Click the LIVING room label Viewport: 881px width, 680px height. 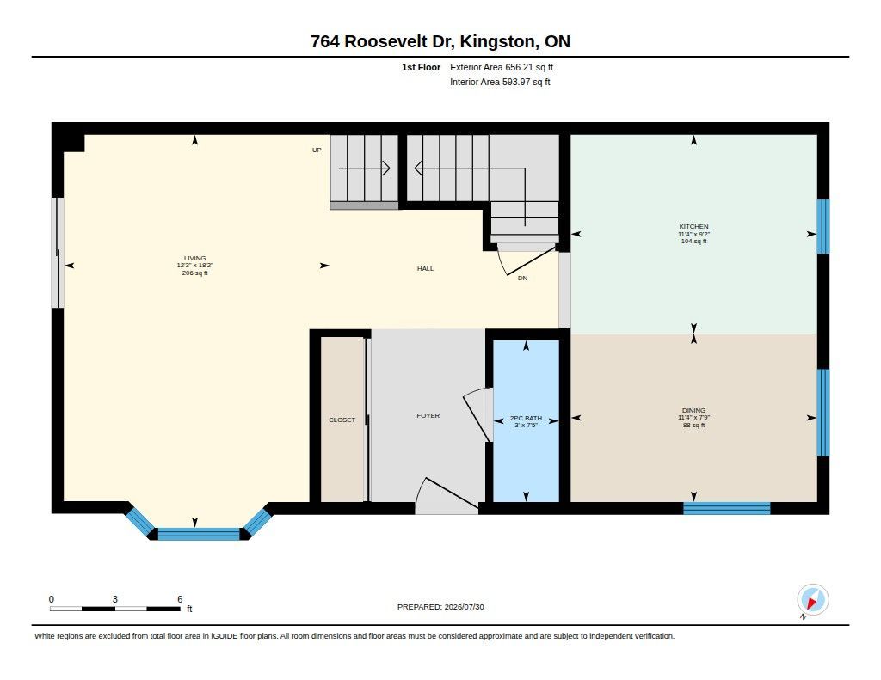(x=195, y=258)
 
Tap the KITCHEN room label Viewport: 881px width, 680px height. (x=694, y=226)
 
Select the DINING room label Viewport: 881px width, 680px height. (x=694, y=410)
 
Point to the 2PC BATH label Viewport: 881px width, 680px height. (x=526, y=419)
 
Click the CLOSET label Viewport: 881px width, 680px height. (x=342, y=420)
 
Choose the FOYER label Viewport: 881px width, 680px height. (x=428, y=415)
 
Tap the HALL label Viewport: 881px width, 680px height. (x=425, y=268)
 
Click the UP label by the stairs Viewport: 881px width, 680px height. (x=317, y=150)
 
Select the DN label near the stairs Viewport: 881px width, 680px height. (x=522, y=278)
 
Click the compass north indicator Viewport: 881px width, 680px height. (x=812, y=600)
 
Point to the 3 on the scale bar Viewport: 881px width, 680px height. (x=114, y=599)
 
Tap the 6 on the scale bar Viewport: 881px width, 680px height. (x=180, y=599)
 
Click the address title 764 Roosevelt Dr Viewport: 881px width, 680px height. (x=383, y=41)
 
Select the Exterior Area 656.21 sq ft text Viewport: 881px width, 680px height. (x=502, y=67)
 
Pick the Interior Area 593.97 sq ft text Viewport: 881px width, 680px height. (x=500, y=82)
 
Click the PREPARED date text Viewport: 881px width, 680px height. (x=440, y=607)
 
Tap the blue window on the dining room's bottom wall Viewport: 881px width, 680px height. (x=726, y=509)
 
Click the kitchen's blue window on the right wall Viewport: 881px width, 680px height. (x=823, y=227)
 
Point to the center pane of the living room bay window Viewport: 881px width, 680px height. (x=199, y=534)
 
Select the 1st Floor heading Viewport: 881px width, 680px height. (x=421, y=67)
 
